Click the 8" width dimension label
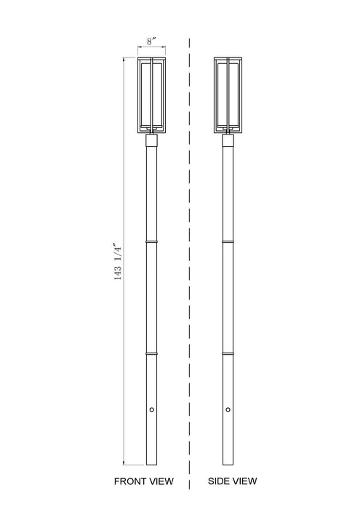[x=151, y=42]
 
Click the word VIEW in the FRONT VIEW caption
[x=161, y=481]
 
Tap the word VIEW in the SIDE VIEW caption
[x=245, y=481]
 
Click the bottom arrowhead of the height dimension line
[x=124, y=462]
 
